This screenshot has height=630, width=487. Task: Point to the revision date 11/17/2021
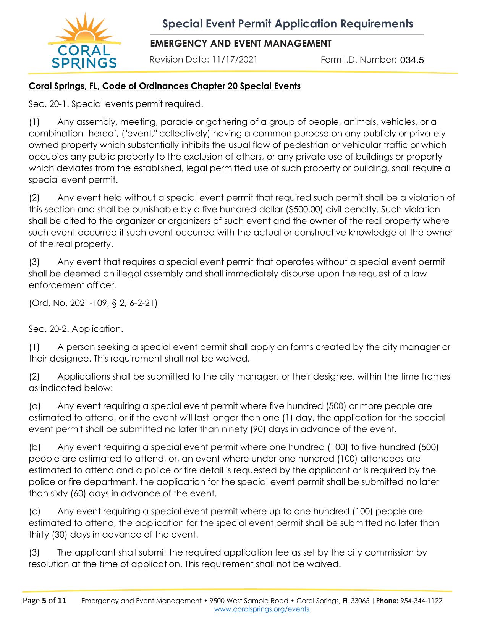click(235, 60)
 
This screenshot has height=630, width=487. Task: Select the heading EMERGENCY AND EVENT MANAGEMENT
click(241, 44)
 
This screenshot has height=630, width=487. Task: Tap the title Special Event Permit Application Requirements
click(288, 24)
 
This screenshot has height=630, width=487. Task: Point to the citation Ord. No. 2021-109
click(68, 303)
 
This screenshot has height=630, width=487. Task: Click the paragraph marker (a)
click(34, 406)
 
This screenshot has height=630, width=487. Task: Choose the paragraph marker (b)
click(34, 447)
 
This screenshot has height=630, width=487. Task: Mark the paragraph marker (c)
click(34, 511)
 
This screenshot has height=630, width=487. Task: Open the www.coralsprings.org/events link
click(262, 609)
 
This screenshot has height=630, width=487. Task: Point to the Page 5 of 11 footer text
click(45, 601)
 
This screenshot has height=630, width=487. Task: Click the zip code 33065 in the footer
click(360, 601)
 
